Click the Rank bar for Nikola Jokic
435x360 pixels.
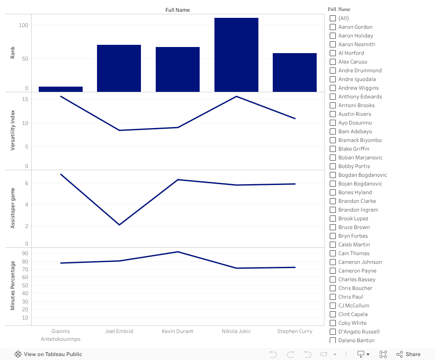point(236,55)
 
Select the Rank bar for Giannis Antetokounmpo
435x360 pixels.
point(60,89)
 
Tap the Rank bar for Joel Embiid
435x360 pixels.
point(119,68)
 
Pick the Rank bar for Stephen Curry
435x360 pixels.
point(294,72)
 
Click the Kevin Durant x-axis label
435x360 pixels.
point(177,331)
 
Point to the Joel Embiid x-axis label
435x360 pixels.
point(119,331)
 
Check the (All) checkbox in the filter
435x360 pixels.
point(333,18)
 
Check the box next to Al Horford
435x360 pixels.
point(333,53)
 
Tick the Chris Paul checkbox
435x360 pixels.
point(333,297)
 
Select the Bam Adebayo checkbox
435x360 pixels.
point(333,131)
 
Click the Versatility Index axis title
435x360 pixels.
point(13,130)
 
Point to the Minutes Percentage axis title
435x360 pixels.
point(13,286)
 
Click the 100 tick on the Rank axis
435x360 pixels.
point(23,25)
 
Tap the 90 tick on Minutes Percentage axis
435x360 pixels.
point(25,253)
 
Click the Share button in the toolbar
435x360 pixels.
point(408,354)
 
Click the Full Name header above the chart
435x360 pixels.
point(177,10)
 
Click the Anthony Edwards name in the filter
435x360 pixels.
point(360,97)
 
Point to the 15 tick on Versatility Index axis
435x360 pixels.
point(25,99)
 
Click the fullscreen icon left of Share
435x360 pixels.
point(383,354)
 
